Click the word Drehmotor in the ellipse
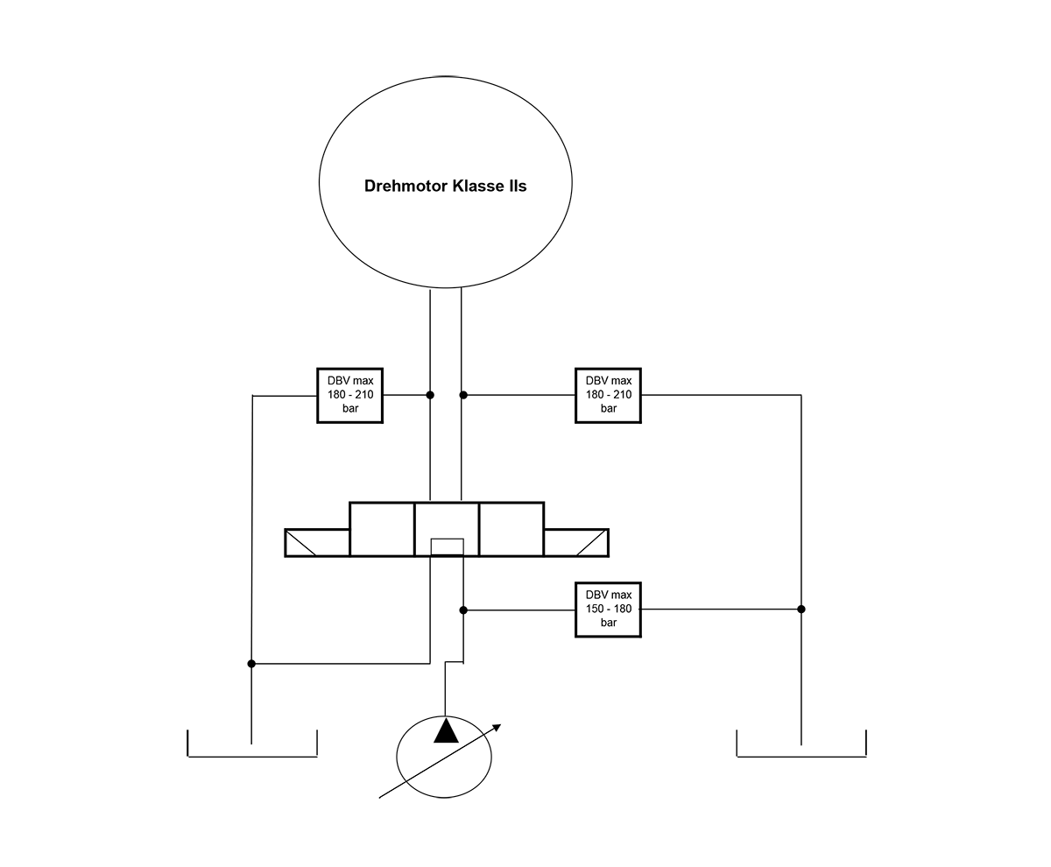pyautogui.click(x=405, y=186)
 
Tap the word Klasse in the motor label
pyautogui.click(x=476, y=186)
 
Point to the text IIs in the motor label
pyautogui.click(x=518, y=186)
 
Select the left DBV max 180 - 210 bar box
pyautogui.click(x=349, y=396)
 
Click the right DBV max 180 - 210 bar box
pyautogui.click(x=608, y=396)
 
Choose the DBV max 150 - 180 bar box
pyautogui.click(x=608, y=610)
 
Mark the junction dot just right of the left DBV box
pyautogui.click(x=430, y=395)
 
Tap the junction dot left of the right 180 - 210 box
pyautogui.click(x=463, y=395)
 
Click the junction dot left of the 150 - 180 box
pyautogui.click(x=463, y=610)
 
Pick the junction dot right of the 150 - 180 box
pyautogui.click(x=801, y=609)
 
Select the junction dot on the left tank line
pyautogui.click(x=251, y=664)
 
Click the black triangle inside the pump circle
pyautogui.click(x=446, y=731)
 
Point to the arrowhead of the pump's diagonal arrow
pyautogui.click(x=497, y=727)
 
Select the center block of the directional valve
pyautogui.click(x=447, y=529)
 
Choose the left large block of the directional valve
pyautogui.click(x=382, y=529)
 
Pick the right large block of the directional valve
pyautogui.click(x=511, y=529)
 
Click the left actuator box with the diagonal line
pyautogui.click(x=317, y=543)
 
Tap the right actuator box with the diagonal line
pyautogui.click(x=576, y=543)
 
